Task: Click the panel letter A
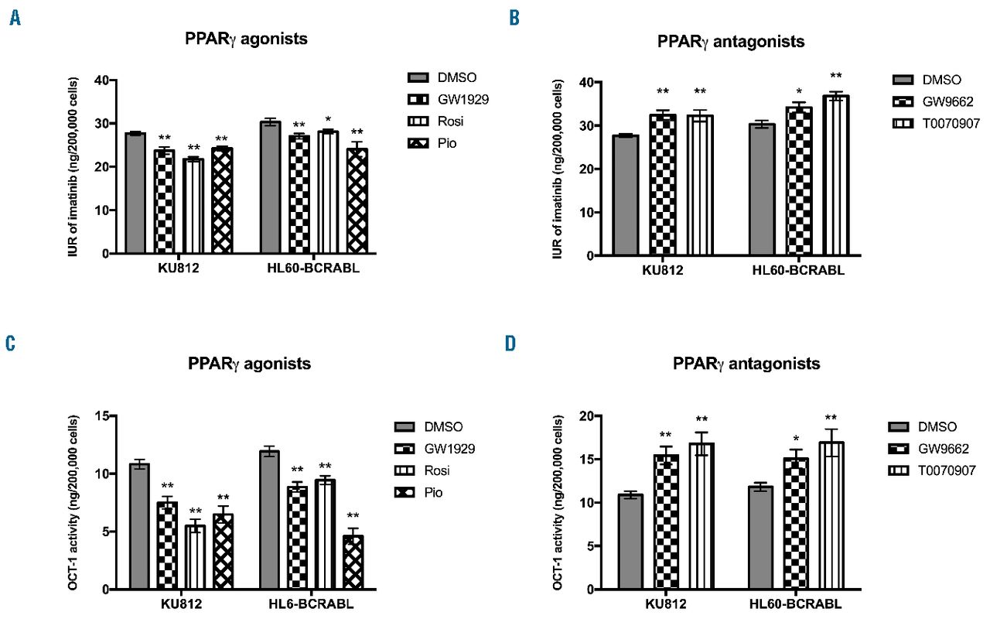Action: coord(15,18)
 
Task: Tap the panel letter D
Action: coord(510,343)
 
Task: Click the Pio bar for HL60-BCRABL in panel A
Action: coord(357,200)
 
